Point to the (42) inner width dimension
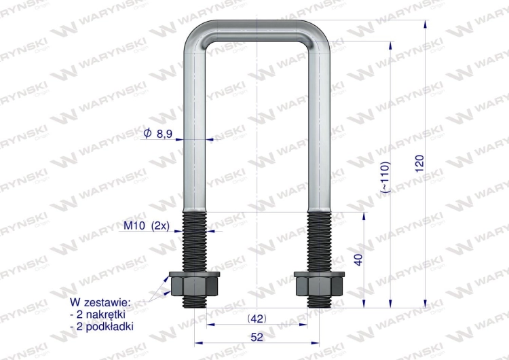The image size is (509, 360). coord(257,318)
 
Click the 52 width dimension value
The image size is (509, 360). coord(257,336)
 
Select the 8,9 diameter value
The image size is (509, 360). coord(164,134)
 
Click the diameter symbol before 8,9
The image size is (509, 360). coord(147,134)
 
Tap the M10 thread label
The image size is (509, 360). coord(135,226)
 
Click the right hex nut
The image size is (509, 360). coord(320,284)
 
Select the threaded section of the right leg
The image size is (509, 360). coord(320,241)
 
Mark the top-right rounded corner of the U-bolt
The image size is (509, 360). coord(318,37)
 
